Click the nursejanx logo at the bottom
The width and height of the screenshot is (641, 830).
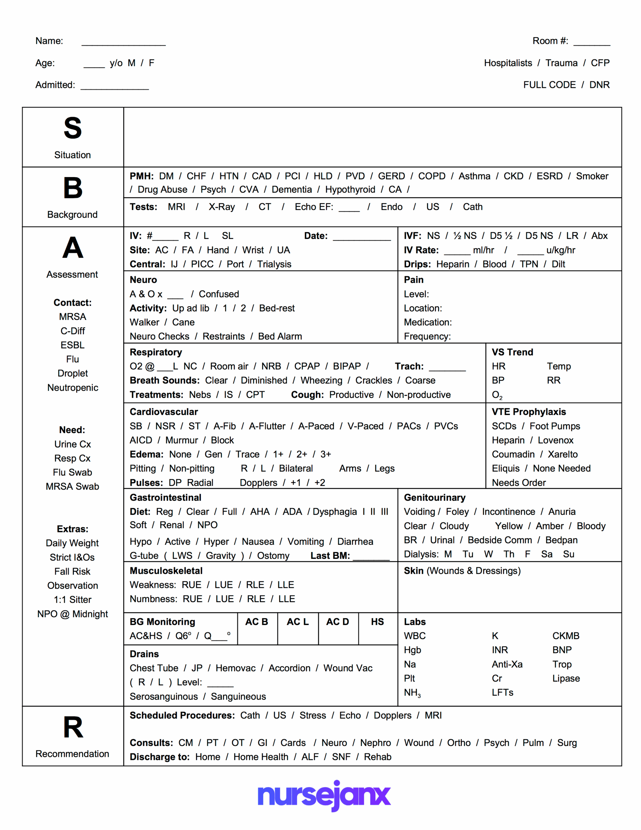click(x=324, y=795)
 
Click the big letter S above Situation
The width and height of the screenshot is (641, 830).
click(x=72, y=128)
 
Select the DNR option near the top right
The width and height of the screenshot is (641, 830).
click(x=599, y=85)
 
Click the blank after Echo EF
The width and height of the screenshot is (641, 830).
click(x=349, y=208)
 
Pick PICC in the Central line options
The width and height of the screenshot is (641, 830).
click(x=202, y=264)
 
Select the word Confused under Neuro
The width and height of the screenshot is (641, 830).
click(x=219, y=294)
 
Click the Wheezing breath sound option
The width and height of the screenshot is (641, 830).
click(x=321, y=380)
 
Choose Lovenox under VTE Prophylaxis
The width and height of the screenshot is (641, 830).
click(x=555, y=440)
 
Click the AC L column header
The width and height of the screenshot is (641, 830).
click(x=297, y=622)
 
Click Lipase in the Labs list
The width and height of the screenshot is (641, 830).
click(x=566, y=678)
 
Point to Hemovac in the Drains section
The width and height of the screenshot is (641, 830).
click(x=235, y=668)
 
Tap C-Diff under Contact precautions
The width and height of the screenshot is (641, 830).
click(x=73, y=331)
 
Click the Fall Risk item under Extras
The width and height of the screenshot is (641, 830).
click(x=72, y=571)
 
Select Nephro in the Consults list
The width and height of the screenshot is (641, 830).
click(x=375, y=742)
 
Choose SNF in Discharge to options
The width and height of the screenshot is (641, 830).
click(x=341, y=757)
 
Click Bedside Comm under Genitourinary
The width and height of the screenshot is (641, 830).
click(x=499, y=540)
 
